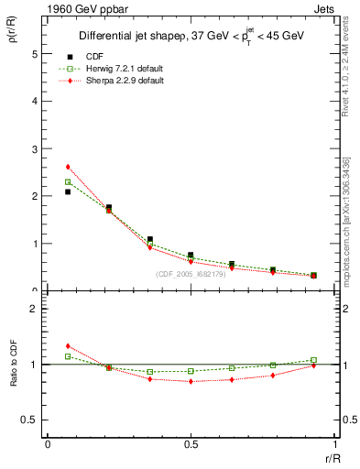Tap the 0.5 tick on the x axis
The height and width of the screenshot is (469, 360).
tap(191, 443)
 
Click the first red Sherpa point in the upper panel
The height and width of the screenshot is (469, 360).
tap(68, 167)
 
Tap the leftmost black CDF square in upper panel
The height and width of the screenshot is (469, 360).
tap(68, 192)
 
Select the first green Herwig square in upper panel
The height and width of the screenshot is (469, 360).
tap(68, 182)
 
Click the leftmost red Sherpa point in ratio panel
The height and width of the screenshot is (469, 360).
tap(68, 345)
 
